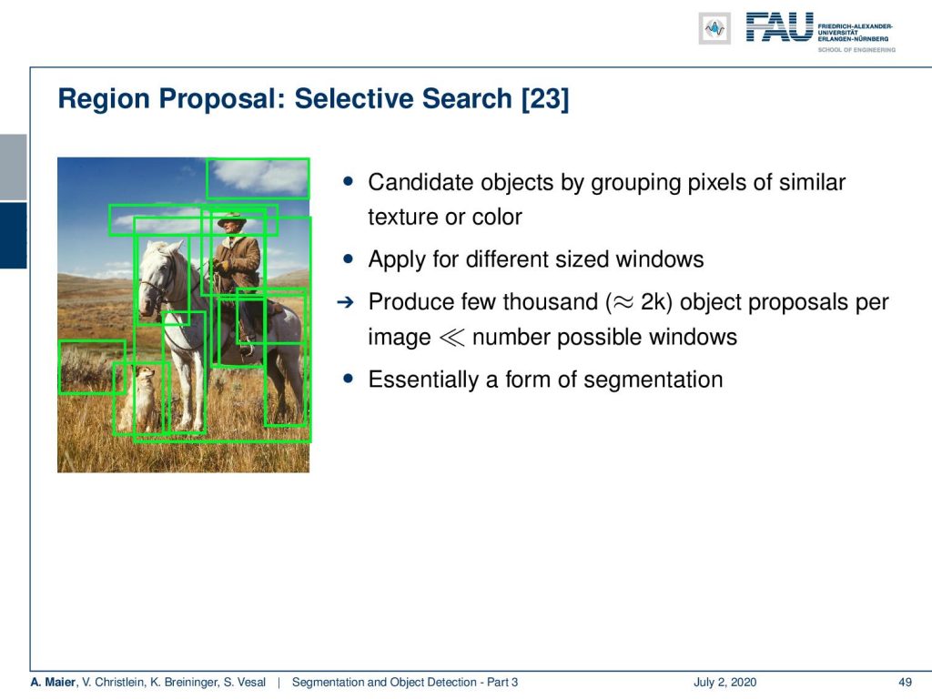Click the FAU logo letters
click(x=779, y=27)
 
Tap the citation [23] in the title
click(x=545, y=99)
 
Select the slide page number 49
click(x=905, y=682)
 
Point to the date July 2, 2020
click(x=724, y=682)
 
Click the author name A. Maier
click(x=54, y=682)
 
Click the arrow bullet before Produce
click(x=345, y=302)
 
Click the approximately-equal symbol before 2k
click(x=623, y=302)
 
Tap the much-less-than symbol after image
click(x=451, y=338)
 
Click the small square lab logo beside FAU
click(x=714, y=28)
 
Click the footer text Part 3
click(x=502, y=682)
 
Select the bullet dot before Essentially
click(x=349, y=379)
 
